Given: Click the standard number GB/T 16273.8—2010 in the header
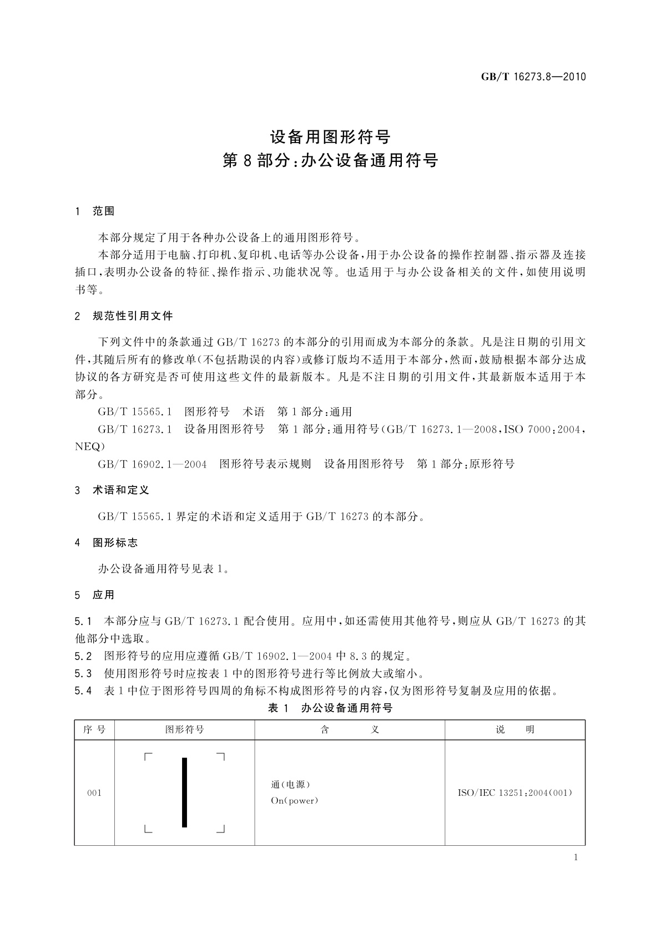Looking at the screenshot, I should pos(533,77).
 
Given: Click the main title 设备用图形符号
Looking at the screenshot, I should pos(330,136).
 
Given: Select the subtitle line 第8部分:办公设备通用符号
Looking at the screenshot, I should pos(330,161).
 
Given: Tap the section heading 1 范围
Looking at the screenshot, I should pos(95,211).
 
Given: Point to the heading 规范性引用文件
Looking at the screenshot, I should pos(133,316).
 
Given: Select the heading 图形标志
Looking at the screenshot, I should pos(115,542).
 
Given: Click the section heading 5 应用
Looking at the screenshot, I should pos(95,595).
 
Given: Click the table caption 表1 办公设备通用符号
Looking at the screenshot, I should pos(330,708).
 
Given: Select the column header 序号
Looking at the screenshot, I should pos(94,730).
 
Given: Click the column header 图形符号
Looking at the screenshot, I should pos(185,730).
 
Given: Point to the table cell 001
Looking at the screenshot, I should pos(94,793).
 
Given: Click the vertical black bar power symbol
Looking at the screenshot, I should pos(185,793).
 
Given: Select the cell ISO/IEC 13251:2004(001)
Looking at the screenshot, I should pos(514,793).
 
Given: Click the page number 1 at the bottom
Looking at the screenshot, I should pos(576,857).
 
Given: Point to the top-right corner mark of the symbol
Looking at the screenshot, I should pos(221,757).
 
